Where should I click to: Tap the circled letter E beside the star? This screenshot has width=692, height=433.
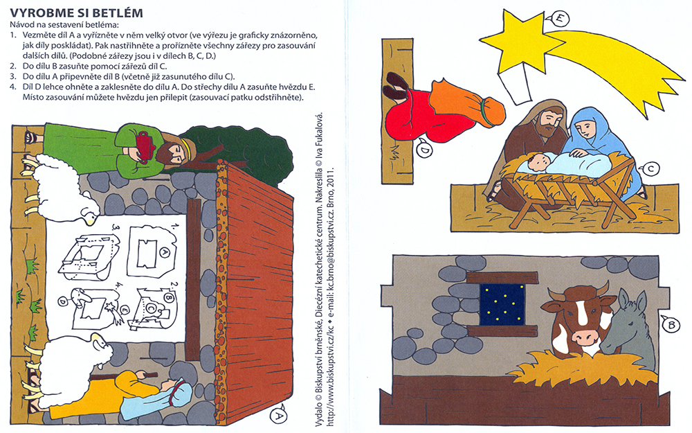click(x=560, y=19)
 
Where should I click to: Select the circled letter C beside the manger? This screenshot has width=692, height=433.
click(x=651, y=168)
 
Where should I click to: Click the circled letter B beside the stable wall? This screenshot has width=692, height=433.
click(x=671, y=326)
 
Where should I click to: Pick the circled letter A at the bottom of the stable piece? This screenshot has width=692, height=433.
click(x=278, y=416)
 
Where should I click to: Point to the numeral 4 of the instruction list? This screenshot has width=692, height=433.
click(x=12, y=87)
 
